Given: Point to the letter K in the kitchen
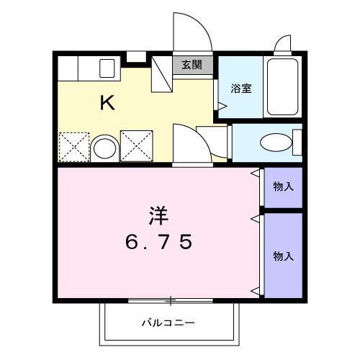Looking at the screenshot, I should pos(107,103).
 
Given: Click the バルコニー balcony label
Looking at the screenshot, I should pos(168,323).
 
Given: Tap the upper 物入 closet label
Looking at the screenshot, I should pos(282,186).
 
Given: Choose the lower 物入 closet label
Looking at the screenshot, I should pos(282,255).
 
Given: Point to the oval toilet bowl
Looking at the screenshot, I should pos(275,143).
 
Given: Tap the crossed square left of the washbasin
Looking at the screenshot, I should pos(74,146).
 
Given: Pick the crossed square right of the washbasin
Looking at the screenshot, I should pos(136,146).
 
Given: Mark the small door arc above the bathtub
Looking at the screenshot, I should pos(283,45).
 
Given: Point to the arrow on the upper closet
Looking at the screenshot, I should pos(254,174).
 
